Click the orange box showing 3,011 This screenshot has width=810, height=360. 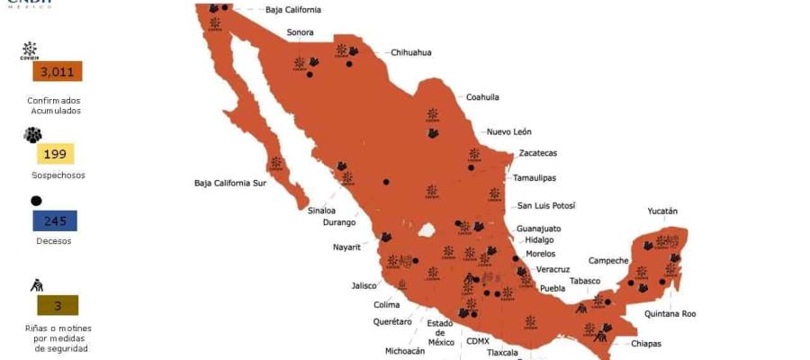pyautogui.click(x=57, y=72)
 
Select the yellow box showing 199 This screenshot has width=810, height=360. pyautogui.click(x=55, y=154)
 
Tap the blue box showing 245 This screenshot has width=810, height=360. pyautogui.click(x=55, y=220)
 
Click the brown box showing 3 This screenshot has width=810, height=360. pyautogui.click(x=57, y=305)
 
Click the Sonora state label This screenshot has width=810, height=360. pyautogui.click(x=301, y=32)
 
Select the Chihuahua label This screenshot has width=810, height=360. pyautogui.click(x=410, y=52)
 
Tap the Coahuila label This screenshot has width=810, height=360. pyautogui.click(x=482, y=96)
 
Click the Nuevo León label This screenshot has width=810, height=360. pyautogui.click(x=509, y=131)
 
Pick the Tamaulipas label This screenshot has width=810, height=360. pyautogui.click(x=535, y=178)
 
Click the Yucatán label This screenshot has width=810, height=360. pyautogui.click(x=662, y=211)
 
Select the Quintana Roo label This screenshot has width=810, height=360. pyautogui.click(x=670, y=314)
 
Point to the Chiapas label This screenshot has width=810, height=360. pyautogui.click(x=646, y=343)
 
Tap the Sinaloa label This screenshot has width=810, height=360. pyautogui.click(x=321, y=210)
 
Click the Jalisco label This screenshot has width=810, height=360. pyautogui.click(x=364, y=285)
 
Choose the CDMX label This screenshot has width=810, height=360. pyautogui.click(x=478, y=341)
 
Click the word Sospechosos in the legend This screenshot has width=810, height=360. pyautogui.click(x=58, y=175)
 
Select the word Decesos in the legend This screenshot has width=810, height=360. pyautogui.click(x=54, y=240)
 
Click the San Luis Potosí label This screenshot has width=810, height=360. pyautogui.click(x=545, y=206)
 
